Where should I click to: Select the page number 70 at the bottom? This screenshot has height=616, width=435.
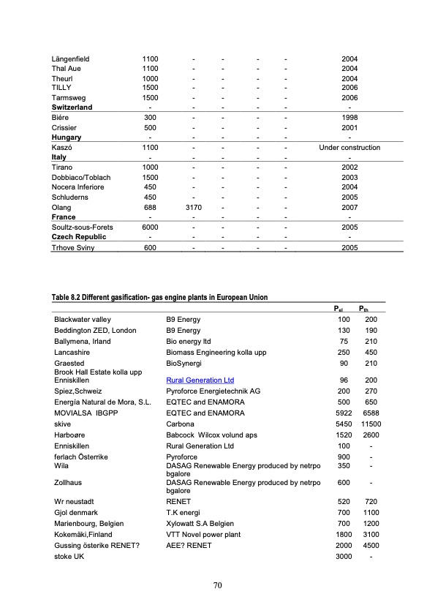coord(217,585)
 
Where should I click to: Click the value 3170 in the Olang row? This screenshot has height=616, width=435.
coord(194,208)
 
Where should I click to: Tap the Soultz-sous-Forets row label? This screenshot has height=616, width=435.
coord(82,228)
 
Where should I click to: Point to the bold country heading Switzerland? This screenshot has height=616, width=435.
coord(77,107)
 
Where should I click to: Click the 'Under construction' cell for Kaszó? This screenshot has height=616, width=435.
coord(349,147)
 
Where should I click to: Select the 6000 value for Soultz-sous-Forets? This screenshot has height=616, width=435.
coord(150,228)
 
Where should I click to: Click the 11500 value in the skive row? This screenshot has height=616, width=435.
coord(371,424)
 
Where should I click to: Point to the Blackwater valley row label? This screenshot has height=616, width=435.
coord(83,320)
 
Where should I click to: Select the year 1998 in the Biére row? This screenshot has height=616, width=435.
coord(349,117)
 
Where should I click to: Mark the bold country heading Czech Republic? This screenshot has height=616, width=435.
coord(79,237)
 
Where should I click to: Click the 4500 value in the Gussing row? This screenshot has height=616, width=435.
coord(371,546)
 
